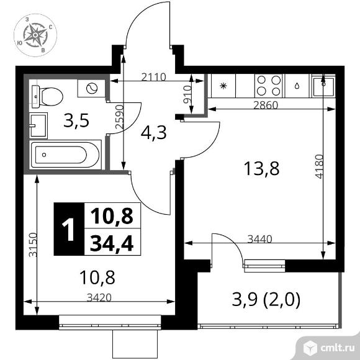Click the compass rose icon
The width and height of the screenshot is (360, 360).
coord(35,35)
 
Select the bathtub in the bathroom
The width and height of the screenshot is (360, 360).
coord(66,155)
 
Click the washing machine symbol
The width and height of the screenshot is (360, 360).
coord(91,88)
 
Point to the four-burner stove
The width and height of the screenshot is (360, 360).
coord(269,86)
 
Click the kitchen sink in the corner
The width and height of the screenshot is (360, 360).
coord(323,86)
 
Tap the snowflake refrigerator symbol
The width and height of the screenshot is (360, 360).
coord(223,86)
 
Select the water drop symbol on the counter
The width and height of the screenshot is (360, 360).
coord(297,86)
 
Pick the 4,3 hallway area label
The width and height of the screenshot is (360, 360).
coord(153,133)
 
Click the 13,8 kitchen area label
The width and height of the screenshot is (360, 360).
coord(261,169)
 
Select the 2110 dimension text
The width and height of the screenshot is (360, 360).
coord(153,77)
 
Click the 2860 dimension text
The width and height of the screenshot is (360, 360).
coord(266,105)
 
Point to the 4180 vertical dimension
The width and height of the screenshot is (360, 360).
coord(319,166)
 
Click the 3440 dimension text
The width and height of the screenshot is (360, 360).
coord(259,239)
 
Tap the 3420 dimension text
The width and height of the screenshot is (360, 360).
coord(99,297)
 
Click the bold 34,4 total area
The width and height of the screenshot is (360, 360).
coord(112,243)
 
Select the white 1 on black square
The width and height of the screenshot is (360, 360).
coord(68,230)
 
